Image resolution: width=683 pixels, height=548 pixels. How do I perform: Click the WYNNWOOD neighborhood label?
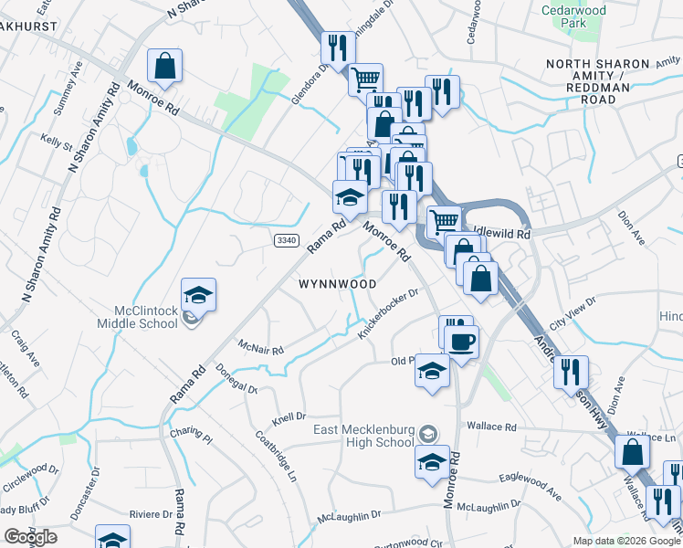click(x=338, y=284)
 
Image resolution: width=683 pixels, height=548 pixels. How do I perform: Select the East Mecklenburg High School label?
click(x=363, y=437)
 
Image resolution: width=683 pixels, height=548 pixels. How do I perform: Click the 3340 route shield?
click(x=286, y=239)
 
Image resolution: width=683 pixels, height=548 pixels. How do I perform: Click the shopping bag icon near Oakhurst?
click(x=164, y=66)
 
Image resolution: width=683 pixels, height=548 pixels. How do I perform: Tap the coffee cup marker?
click(x=461, y=342)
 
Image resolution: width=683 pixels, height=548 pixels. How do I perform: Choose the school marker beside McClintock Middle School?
click(x=198, y=295)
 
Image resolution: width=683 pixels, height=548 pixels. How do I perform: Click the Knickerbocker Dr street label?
click(x=388, y=313)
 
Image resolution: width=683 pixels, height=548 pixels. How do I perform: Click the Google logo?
click(x=30, y=537)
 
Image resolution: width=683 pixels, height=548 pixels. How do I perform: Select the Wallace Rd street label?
click(x=491, y=427)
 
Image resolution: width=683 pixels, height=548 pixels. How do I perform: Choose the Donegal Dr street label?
click(x=238, y=378)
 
